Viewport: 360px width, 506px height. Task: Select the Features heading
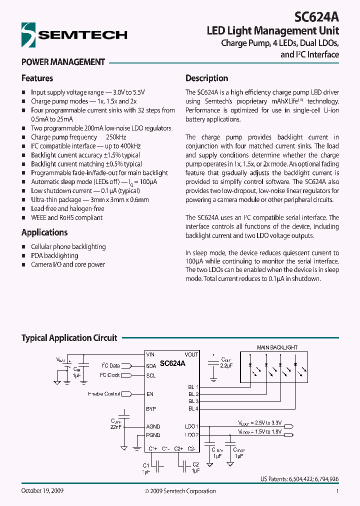(x=37, y=78)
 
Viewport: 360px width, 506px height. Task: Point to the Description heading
(x=206, y=78)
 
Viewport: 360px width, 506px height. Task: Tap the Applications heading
(x=44, y=232)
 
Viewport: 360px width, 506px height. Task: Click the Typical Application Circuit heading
(x=69, y=338)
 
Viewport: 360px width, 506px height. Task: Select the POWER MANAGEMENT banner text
(x=63, y=62)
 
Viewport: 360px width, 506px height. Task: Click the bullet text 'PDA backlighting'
(x=54, y=255)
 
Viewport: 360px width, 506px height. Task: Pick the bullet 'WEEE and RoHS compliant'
(x=66, y=217)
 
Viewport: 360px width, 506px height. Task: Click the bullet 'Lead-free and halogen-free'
(x=67, y=208)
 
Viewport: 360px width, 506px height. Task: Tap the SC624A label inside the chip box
(x=172, y=364)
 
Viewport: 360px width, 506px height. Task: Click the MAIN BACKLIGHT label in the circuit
(x=277, y=347)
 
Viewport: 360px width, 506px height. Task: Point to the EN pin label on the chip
(x=149, y=394)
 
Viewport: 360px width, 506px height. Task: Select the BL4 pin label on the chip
(x=193, y=409)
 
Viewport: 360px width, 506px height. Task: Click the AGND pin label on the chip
(x=153, y=426)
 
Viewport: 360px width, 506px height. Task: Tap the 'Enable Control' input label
(x=103, y=394)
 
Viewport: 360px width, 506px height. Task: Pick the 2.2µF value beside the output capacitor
(x=226, y=366)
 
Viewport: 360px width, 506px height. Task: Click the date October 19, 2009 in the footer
(x=42, y=491)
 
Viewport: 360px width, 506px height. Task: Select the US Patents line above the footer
(x=299, y=478)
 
